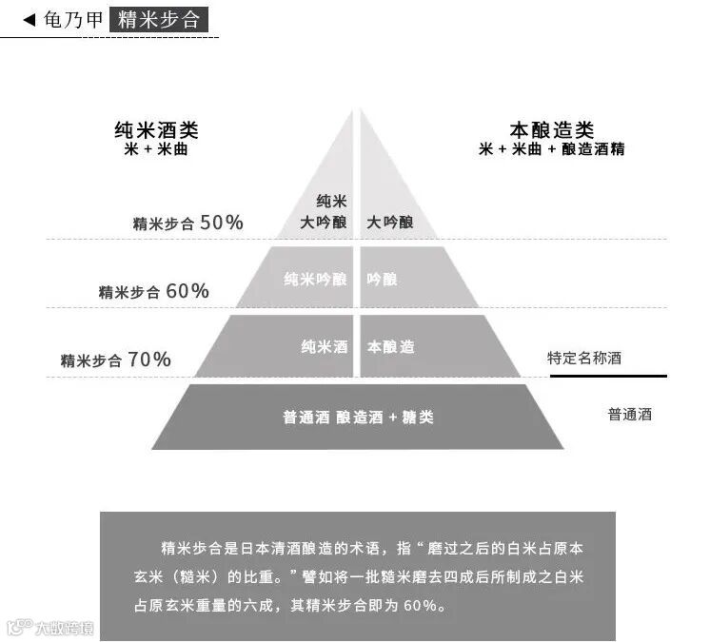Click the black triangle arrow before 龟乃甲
point(29,19)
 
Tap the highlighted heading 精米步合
point(159,19)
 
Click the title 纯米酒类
point(156,131)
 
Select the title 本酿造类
point(552,130)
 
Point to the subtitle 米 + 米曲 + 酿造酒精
point(552,149)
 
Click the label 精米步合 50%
point(188,224)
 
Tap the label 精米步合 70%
point(116,360)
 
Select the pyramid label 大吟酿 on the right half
point(390,222)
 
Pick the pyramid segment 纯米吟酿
point(315,280)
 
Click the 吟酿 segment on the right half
point(383,280)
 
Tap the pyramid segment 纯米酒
point(323,347)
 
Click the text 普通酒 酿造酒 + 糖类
point(358,417)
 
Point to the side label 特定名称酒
point(585,359)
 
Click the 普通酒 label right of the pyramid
point(630,414)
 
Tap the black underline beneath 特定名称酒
point(608,376)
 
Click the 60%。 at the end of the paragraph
point(424,606)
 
